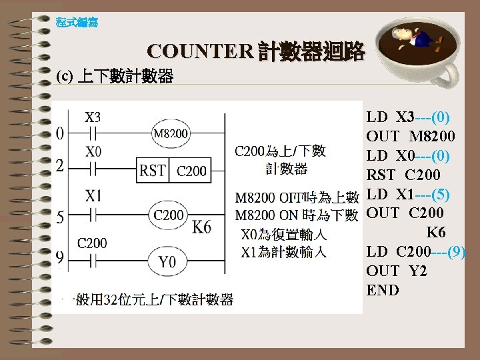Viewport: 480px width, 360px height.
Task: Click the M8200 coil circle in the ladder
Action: click(171, 133)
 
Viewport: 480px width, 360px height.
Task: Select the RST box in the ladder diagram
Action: click(153, 171)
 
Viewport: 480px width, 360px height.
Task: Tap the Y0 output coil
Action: click(168, 263)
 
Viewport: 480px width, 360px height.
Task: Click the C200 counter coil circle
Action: click(169, 215)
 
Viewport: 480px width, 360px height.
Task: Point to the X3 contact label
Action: click(93, 117)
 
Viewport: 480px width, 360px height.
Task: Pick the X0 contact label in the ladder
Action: click(93, 152)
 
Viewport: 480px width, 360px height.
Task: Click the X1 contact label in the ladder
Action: click(93, 195)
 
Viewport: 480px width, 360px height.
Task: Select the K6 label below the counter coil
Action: click(201, 228)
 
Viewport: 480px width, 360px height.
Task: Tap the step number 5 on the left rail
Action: click(60, 217)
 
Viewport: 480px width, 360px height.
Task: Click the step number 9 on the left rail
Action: click(60, 257)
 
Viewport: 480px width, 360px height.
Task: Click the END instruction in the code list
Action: click(383, 291)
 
